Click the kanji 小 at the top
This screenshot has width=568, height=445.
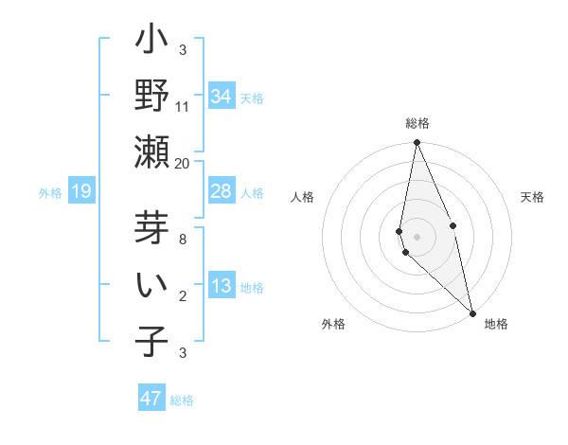[152, 42]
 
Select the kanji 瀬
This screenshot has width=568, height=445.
[152, 151]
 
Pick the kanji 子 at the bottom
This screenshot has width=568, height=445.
[152, 341]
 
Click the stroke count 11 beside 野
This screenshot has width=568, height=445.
[183, 106]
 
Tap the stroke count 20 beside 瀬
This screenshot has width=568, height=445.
[183, 163]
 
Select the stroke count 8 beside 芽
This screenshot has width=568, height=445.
[183, 239]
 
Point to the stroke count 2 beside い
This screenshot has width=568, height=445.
[183, 295]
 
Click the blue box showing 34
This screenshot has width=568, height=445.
[222, 97]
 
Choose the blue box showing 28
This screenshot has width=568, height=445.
[222, 191]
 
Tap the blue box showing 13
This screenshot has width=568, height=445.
[222, 287]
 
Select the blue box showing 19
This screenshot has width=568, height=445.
[80, 192]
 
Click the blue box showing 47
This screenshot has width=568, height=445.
[151, 399]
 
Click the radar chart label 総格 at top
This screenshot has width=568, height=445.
[417, 123]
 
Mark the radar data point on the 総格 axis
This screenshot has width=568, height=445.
[417, 143]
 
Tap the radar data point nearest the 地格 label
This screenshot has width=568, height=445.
[472, 312]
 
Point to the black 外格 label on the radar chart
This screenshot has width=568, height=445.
[333, 324]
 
